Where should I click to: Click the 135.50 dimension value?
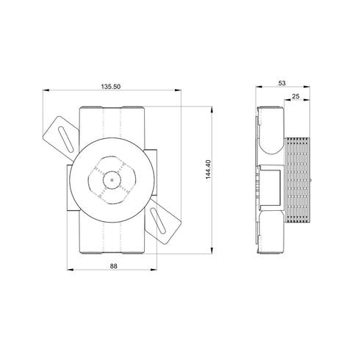pos(111,87)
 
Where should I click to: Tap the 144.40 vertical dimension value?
pos(208,169)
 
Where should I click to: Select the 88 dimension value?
pos(114,266)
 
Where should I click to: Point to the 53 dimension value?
pos(282,83)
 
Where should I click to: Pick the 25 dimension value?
pos(296,96)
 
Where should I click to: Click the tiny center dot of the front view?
pos(112,180)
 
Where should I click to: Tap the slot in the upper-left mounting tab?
pos(65,140)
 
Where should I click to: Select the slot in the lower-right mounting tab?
pos(158,220)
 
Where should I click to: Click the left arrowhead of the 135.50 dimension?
pos(46,90)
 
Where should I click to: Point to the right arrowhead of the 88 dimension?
pos(154,270)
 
